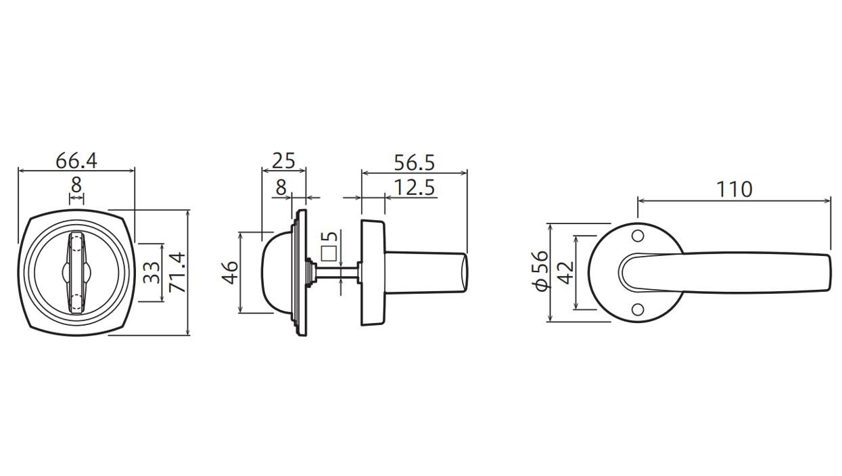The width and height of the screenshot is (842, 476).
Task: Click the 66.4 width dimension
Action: [76, 161]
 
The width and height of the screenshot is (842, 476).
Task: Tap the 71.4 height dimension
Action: [177, 272]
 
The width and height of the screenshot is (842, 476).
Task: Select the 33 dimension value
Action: [152, 272]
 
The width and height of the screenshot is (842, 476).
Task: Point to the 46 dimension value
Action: [230, 272]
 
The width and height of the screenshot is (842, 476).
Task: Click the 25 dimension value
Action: [283, 161]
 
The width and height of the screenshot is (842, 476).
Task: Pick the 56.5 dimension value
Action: [414, 163]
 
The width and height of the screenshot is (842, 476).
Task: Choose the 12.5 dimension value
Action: [414, 188]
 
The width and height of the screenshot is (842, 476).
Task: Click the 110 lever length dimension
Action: [734, 190]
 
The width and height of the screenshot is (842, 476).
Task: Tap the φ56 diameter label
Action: [541, 271]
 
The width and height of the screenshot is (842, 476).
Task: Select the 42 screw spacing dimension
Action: [565, 272]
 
